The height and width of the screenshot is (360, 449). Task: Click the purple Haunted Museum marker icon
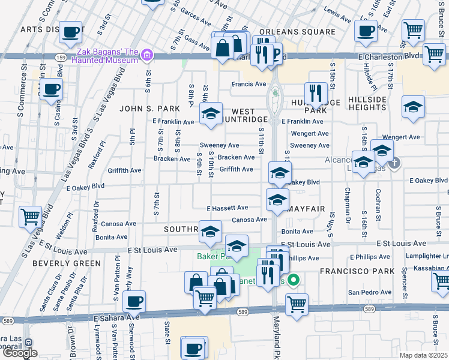[x=147, y=56]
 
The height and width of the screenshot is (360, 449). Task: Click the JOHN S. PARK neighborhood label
[x=146, y=109]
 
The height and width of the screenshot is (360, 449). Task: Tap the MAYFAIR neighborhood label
[x=306, y=209]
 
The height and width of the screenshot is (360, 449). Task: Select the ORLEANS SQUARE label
[x=297, y=32]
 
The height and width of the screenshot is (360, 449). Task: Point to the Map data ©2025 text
[x=423, y=355]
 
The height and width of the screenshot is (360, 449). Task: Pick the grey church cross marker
[x=394, y=162]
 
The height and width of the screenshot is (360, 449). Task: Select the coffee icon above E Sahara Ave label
[x=134, y=301]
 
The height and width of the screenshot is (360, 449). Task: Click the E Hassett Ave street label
[x=227, y=209]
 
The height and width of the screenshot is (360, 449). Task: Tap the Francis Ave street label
[x=249, y=84]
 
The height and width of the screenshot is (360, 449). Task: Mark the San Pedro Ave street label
[x=370, y=292]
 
